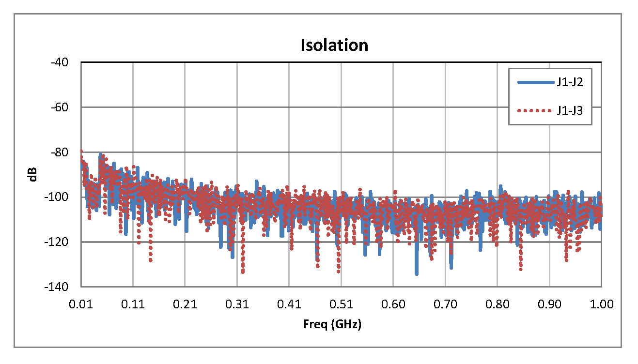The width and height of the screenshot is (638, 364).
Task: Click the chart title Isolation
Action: pos(334,45)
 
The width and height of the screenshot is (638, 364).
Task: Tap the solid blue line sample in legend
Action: pos(535,83)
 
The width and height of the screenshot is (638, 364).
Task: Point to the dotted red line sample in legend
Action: pos(535,110)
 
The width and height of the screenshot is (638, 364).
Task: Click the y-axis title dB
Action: pos(32,174)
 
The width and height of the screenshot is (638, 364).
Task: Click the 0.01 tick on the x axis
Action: pos(81,304)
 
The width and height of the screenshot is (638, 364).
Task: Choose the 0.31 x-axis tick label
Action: pos(237,304)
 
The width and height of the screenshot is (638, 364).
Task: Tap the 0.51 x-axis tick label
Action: pos(341,304)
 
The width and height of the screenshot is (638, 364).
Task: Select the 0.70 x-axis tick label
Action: pos(445,304)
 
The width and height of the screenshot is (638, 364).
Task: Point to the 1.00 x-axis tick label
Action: pos(601,304)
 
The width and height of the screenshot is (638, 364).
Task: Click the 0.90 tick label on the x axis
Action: pos(549,304)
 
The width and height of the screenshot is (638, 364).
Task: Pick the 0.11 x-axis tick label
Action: pos(133,304)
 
